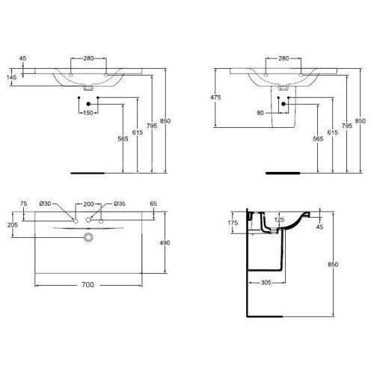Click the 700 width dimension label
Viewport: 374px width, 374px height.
88,284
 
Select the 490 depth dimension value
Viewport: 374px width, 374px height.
165,242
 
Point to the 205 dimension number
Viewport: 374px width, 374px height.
13,225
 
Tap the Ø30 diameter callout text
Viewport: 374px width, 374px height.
45,203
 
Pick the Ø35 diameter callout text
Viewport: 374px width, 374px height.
120,203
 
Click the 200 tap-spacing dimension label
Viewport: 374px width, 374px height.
88,204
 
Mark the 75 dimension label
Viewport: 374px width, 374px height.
23,203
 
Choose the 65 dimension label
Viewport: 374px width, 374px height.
153,203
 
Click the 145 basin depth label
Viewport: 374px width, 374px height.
12,77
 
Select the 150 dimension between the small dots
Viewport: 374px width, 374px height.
88,113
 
